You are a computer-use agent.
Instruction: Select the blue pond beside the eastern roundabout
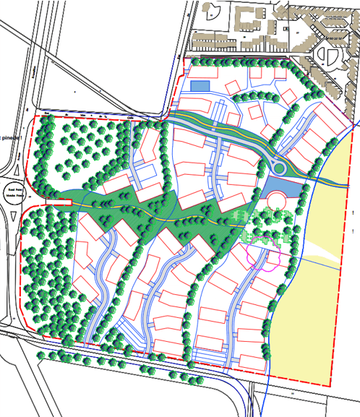(x=279, y=191)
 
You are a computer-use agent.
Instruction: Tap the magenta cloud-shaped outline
(x=263, y=257)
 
